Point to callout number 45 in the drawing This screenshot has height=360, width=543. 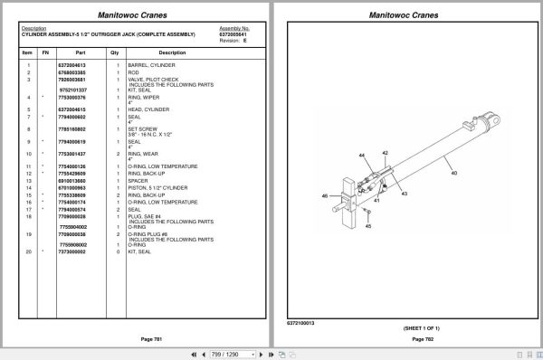(368, 226)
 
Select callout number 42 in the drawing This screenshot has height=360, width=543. (384, 153)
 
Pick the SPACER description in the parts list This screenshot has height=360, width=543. (138, 180)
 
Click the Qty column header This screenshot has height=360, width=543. (114, 52)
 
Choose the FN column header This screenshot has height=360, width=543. (43, 52)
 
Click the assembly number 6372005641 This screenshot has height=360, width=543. (234, 33)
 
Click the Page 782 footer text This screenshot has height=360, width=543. (407, 337)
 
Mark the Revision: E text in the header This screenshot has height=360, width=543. (232, 40)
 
